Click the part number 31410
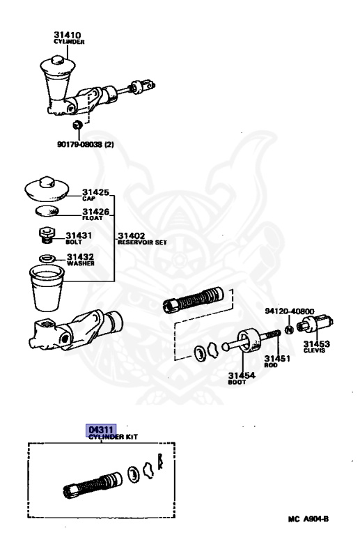[68, 34]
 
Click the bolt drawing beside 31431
[46, 236]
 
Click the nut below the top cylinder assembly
[79, 125]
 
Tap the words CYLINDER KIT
[114, 437]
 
